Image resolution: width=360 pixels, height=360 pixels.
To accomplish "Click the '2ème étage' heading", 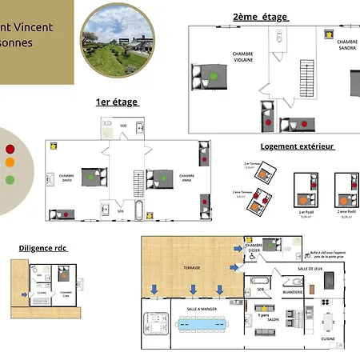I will coord(260,17).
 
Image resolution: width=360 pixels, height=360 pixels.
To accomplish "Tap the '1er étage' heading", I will coord(117,102).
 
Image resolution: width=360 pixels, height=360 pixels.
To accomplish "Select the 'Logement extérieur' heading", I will coord(297,146).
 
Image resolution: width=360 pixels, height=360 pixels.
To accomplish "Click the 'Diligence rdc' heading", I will coord(43,248).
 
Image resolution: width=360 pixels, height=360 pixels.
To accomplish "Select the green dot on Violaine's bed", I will coord(214,77).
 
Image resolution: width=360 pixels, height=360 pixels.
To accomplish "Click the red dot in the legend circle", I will coord(10,148).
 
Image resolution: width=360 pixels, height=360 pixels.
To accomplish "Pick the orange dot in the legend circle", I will coord(10,162).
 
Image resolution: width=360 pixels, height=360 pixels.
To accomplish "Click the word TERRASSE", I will coord(190,268).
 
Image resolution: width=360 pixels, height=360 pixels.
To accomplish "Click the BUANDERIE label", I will coord(293,292).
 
